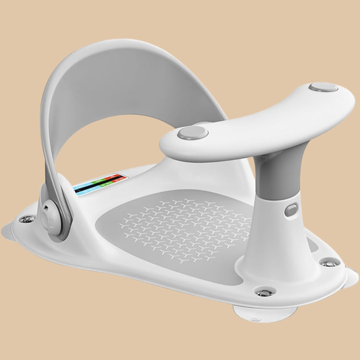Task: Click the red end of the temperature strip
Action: click(116, 180)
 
